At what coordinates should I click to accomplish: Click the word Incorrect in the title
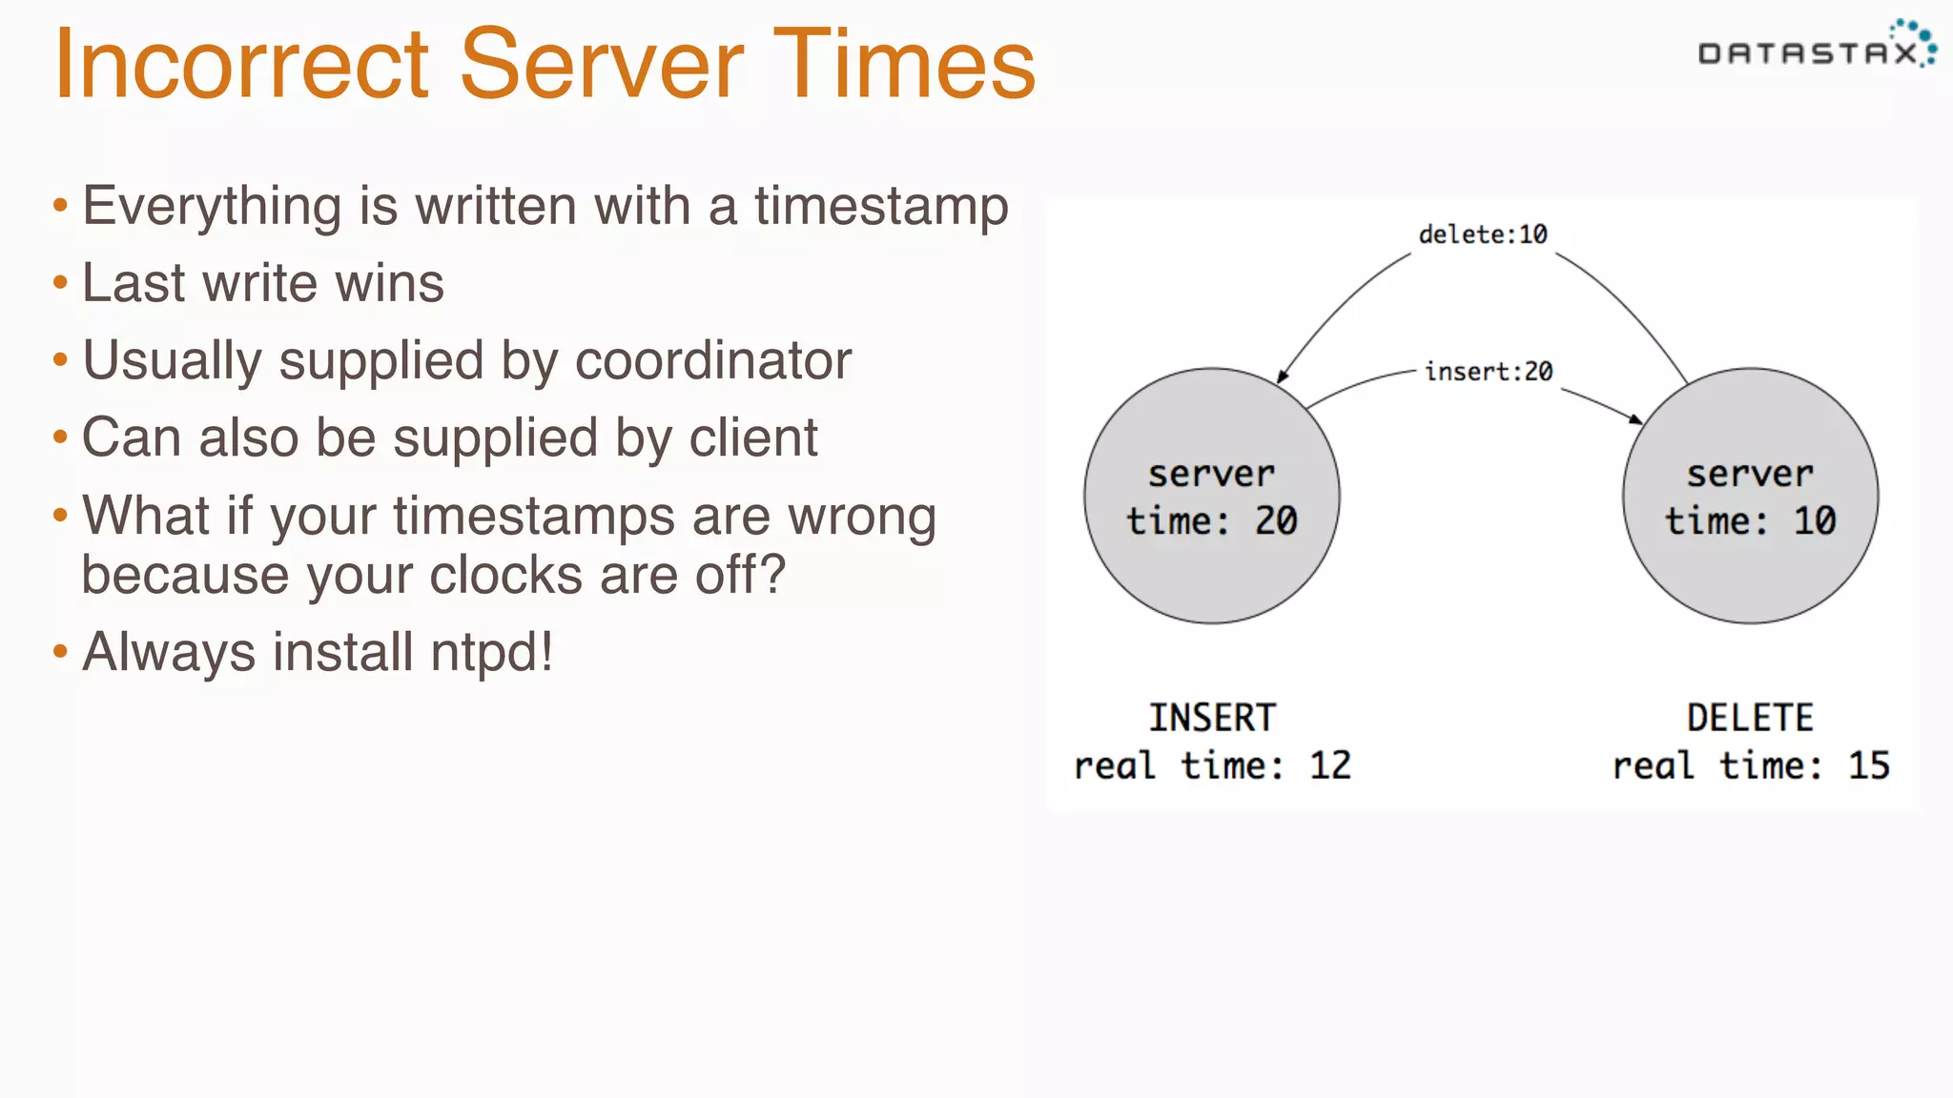pyautogui.click(x=242, y=65)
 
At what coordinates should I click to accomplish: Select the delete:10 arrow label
pyautogui.click(x=1483, y=234)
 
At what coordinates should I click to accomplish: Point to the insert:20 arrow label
pyautogui.click(x=1489, y=372)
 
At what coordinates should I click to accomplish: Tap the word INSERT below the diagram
pyautogui.click(x=1212, y=718)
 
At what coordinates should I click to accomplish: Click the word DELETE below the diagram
pyautogui.click(x=1751, y=718)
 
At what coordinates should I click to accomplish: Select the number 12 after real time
pyautogui.click(x=1330, y=765)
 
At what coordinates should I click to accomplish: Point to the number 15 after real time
pyautogui.click(x=1869, y=765)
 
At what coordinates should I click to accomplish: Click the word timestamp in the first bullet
pyautogui.click(x=881, y=207)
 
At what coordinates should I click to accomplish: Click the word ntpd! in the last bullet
pyautogui.click(x=492, y=653)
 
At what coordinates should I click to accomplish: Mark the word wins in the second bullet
pyautogui.click(x=401, y=284)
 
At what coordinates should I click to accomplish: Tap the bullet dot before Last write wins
pyautogui.click(x=61, y=283)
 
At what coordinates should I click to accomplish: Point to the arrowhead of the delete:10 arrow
pyautogui.click(x=1282, y=377)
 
